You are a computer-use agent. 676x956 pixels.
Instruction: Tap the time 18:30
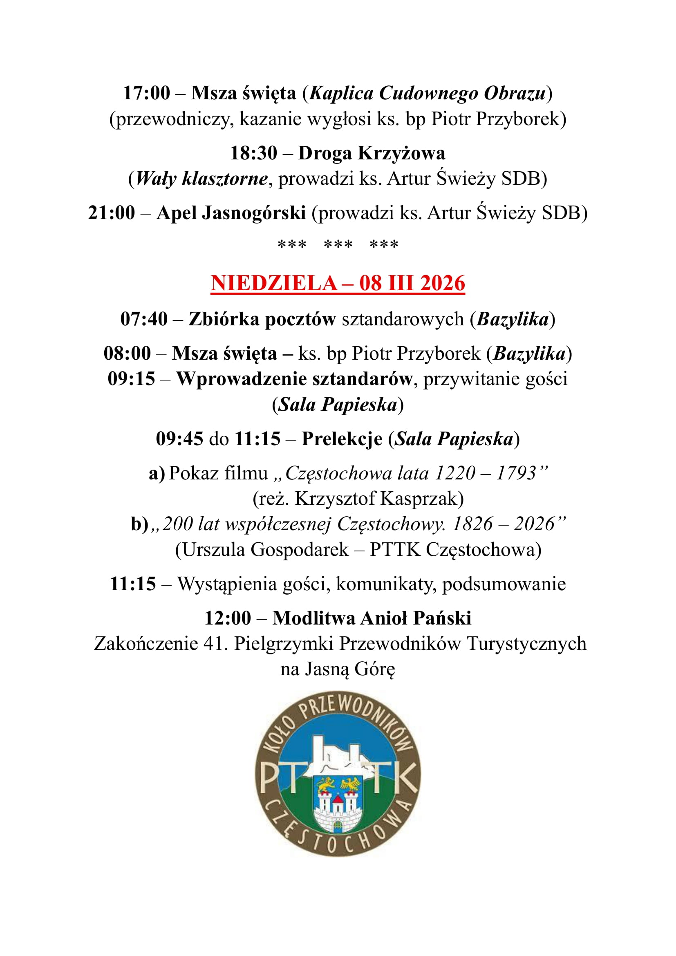click(253, 153)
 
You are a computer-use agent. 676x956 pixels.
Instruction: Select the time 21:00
click(112, 213)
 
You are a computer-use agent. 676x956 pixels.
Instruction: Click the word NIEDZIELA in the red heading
click(273, 283)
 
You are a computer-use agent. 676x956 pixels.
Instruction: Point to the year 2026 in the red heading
click(443, 283)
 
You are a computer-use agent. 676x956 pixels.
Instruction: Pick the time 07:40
click(143, 319)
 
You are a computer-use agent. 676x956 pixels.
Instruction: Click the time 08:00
click(127, 354)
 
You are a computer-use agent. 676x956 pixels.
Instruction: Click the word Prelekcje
click(342, 439)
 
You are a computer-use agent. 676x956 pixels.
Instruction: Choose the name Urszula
click(213, 550)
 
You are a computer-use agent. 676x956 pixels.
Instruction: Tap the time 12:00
click(228, 618)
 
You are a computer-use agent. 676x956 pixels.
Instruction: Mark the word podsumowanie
click(504, 584)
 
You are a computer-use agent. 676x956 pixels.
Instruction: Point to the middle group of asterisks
click(338, 244)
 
